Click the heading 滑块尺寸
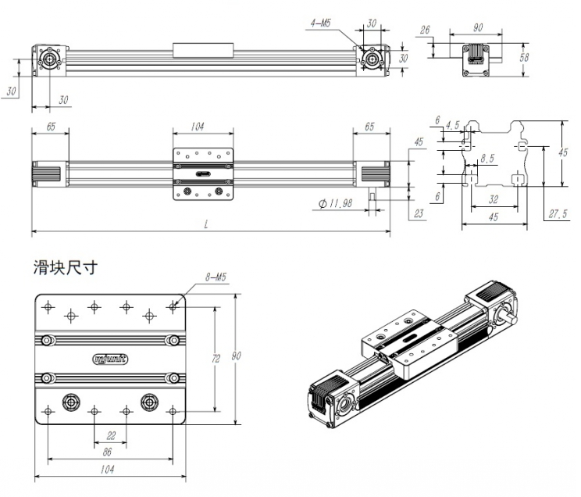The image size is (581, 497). click(x=66, y=267)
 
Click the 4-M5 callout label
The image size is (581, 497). click(x=320, y=25)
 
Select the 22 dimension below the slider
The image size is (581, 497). click(x=110, y=434)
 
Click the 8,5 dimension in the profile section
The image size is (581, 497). click(x=487, y=159)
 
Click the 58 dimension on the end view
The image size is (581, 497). click(x=526, y=58)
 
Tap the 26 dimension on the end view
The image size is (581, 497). click(x=425, y=31)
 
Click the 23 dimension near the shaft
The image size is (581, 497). click(x=419, y=212)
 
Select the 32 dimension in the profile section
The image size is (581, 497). click(x=493, y=200)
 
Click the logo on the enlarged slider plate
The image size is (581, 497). click(x=110, y=359)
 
